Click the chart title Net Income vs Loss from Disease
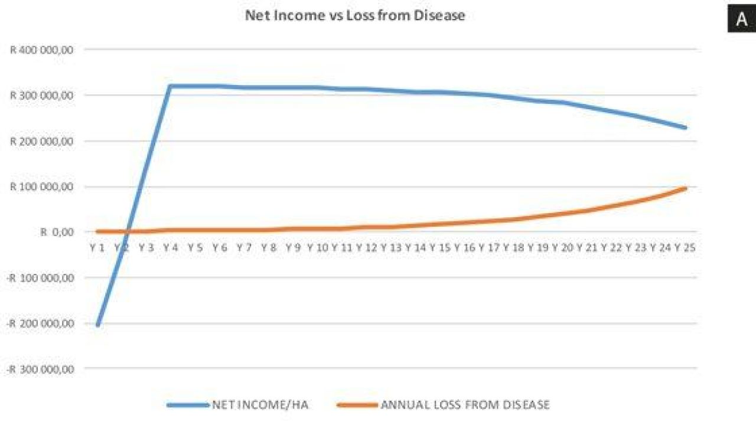click(x=355, y=15)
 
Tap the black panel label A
click(x=741, y=19)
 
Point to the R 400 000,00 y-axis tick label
click(x=41, y=50)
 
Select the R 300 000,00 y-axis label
click(x=41, y=96)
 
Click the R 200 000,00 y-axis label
click(x=41, y=141)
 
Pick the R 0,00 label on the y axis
click(x=57, y=232)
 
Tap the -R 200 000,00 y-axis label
click(x=40, y=323)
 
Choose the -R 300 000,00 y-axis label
click(x=40, y=370)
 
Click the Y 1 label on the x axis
click(x=97, y=248)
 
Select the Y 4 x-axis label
click(x=171, y=248)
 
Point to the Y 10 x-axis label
click(x=318, y=248)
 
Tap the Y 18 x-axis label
click(x=514, y=248)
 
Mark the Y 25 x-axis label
click(x=685, y=248)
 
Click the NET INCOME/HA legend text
click(x=260, y=405)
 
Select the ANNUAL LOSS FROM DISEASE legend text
click(x=465, y=405)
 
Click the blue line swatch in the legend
click(x=188, y=405)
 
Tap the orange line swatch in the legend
click(x=357, y=405)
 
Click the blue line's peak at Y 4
click(x=171, y=86)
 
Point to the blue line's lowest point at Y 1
click(x=97, y=325)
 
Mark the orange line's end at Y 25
click(x=685, y=188)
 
